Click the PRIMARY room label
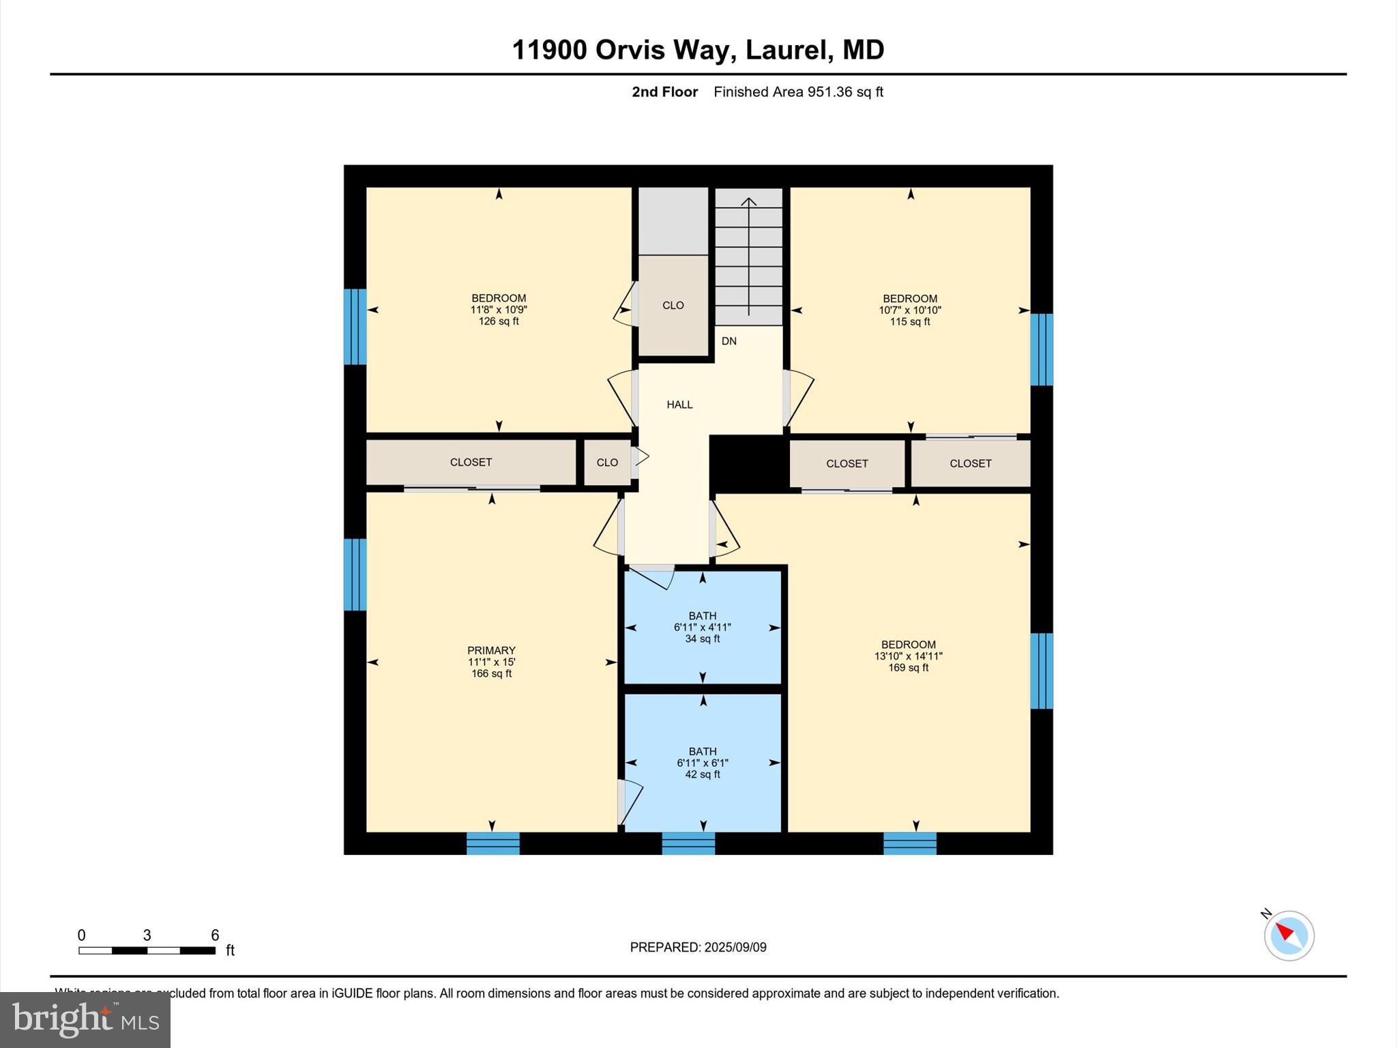(x=491, y=650)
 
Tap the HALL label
(x=679, y=405)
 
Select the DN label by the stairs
(x=729, y=341)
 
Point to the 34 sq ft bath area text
(x=703, y=639)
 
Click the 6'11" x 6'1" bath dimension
(x=703, y=763)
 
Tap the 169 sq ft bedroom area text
(x=908, y=667)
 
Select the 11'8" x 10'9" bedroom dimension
(x=499, y=310)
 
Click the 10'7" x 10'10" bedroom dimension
(x=910, y=310)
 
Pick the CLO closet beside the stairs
(x=673, y=306)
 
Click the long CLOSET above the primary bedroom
(x=471, y=462)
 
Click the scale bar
(x=147, y=950)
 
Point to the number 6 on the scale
(x=215, y=935)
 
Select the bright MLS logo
(x=85, y=1020)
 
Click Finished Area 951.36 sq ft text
(x=798, y=92)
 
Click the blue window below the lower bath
(x=688, y=843)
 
